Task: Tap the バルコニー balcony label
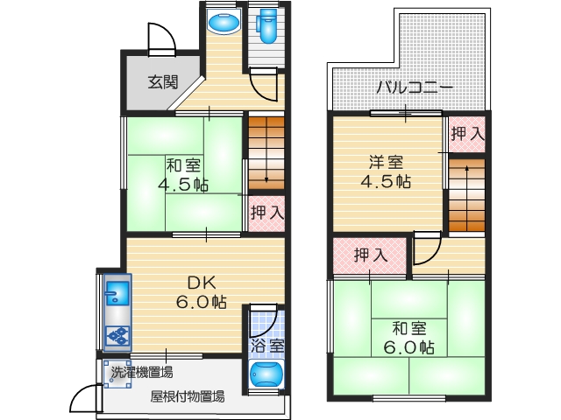click(x=415, y=87)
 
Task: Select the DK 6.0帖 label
click(x=202, y=292)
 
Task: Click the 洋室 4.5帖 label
click(x=387, y=171)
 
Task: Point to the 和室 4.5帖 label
click(x=182, y=175)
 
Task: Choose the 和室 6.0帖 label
click(x=409, y=337)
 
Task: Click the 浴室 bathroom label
click(x=266, y=346)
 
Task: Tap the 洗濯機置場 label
click(x=141, y=372)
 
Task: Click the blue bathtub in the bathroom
click(x=266, y=375)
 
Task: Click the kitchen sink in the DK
click(x=117, y=290)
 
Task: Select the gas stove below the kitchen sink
click(x=117, y=335)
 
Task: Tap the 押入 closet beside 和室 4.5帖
click(x=266, y=212)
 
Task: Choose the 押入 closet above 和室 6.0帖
click(x=370, y=255)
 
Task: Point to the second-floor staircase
click(x=467, y=194)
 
